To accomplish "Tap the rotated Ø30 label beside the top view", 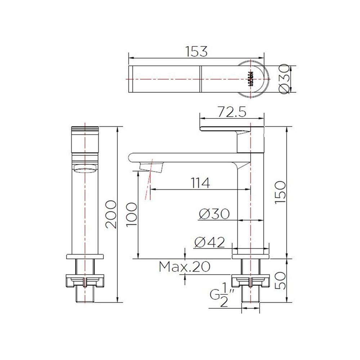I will click(284, 79).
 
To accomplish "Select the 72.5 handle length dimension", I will click(232, 113).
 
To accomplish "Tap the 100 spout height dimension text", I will click(132, 215).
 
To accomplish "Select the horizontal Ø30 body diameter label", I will click(214, 214).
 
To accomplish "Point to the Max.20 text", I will click(184, 267).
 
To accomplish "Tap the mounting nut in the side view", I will click(251, 280).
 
